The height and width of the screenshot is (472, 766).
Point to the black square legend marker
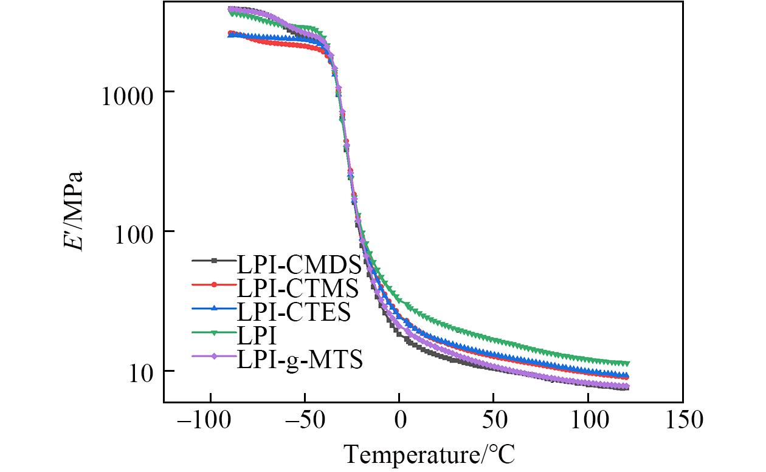213,261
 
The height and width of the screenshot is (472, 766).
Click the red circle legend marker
213,285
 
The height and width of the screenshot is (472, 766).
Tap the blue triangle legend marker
213,309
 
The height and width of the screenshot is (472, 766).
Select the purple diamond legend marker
213,357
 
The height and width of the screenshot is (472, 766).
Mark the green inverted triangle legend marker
213,333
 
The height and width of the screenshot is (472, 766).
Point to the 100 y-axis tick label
135,232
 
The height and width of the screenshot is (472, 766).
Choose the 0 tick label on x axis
399,420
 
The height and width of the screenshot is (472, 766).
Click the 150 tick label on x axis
682,420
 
